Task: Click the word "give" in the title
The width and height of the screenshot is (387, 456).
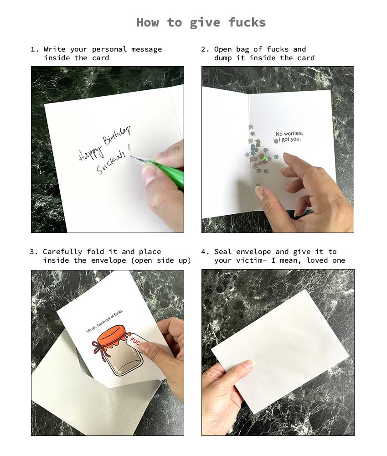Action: [x=205, y=23]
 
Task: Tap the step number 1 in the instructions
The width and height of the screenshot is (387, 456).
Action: [x=32, y=49]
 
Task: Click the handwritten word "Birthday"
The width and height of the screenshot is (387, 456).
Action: [x=116, y=136]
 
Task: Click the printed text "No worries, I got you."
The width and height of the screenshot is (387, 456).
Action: [x=289, y=136]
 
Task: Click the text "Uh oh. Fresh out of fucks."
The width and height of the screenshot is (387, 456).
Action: [x=105, y=321]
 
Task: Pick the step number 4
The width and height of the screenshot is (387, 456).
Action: [x=203, y=252]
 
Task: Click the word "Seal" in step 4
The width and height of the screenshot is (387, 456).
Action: [x=223, y=252]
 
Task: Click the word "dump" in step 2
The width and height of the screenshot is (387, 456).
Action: [x=223, y=58]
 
